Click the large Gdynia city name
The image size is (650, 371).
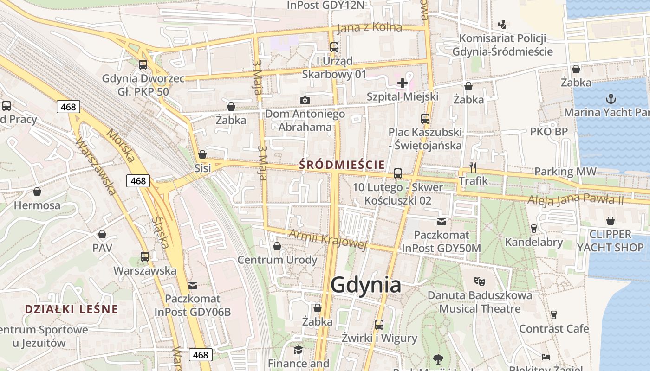pos(366,285)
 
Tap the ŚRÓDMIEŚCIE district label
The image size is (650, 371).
pos(342,165)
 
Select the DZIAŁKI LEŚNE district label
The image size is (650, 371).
pos(71,309)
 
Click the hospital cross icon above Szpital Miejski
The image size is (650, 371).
pos(403,83)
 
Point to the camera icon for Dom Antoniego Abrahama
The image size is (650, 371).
pos(305,100)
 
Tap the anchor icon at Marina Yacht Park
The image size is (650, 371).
pos(611,98)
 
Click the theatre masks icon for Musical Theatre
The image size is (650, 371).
pos(480,281)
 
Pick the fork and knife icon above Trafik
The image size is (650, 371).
pos(473,167)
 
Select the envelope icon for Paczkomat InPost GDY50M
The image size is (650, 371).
pos(441,222)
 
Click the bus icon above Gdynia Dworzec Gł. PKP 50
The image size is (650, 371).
pos(143,65)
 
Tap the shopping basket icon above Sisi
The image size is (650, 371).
pos(202,154)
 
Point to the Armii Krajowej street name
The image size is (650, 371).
pos(328,239)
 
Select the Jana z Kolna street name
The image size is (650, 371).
pos(369,27)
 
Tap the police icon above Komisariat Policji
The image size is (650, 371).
pos(502,24)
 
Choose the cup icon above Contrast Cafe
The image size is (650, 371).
pos(553,315)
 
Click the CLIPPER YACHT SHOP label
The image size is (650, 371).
pos(610,241)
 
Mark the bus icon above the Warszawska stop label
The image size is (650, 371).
pos(145,256)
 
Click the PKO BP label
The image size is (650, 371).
pos(549,132)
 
